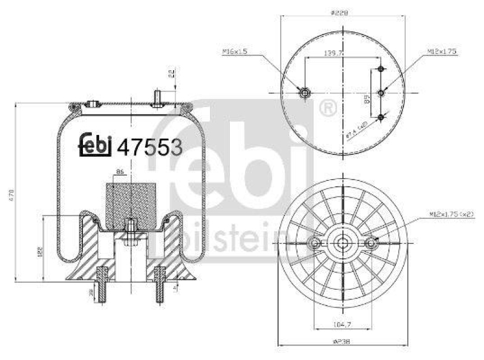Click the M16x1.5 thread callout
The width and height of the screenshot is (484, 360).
[x=234, y=52]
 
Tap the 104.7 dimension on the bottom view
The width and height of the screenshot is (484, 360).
[x=342, y=325]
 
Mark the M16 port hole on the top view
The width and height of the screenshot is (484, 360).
[x=304, y=93]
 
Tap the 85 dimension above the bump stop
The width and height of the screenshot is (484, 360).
[x=119, y=173]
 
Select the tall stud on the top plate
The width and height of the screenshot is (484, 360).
[x=157, y=97]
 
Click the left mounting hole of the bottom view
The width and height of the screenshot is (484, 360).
[x=314, y=243]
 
